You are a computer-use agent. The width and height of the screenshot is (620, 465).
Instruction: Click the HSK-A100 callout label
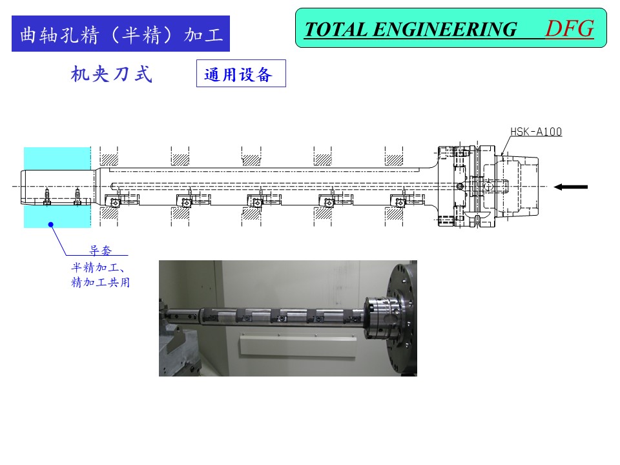pyautogui.click(x=536, y=132)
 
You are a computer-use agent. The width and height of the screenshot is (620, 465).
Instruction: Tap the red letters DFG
pyautogui.click(x=570, y=29)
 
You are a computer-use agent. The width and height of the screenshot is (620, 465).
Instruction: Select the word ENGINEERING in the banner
pyautogui.click(x=444, y=30)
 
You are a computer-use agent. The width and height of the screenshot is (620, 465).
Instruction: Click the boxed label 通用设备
pyautogui.click(x=241, y=74)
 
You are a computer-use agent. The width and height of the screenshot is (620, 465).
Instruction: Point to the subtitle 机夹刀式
pyautogui.click(x=112, y=74)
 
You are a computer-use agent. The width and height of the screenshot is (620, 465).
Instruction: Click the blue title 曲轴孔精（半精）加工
pyautogui.click(x=121, y=34)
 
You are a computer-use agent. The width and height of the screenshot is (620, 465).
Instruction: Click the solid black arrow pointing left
pyautogui.click(x=570, y=187)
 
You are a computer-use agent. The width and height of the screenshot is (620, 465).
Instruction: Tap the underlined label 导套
pyautogui.click(x=101, y=250)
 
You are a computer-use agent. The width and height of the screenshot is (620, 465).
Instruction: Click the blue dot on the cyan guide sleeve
pyautogui.click(x=50, y=225)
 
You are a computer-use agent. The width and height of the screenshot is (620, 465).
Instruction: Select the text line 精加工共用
pyautogui.click(x=101, y=282)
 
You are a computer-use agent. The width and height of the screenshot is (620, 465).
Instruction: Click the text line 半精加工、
pyautogui.click(x=98, y=267)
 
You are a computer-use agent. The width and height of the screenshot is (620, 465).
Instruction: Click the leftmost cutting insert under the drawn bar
pyautogui.click(x=114, y=202)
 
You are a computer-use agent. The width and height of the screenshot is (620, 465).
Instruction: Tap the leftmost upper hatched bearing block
pyautogui.click(x=108, y=160)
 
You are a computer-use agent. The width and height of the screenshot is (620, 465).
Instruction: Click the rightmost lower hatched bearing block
pyautogui.click(x=394, y=214)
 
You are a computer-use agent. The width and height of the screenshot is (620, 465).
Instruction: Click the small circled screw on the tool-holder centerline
pyautogui.click(x=460, y=186)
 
